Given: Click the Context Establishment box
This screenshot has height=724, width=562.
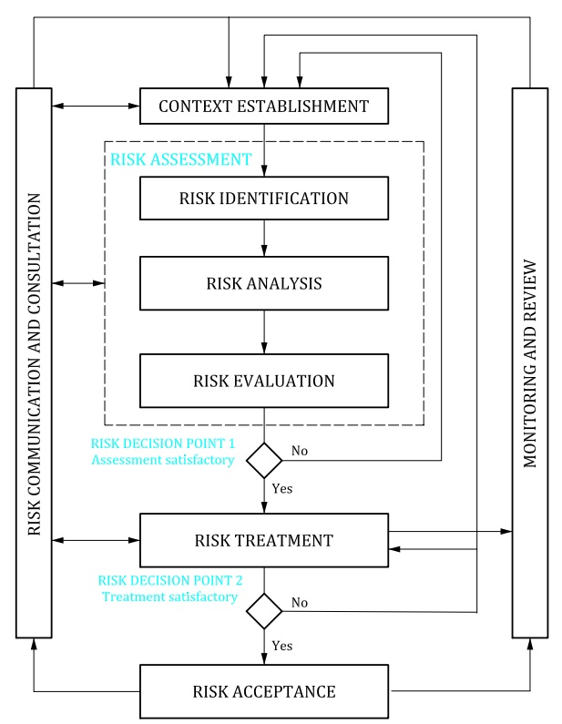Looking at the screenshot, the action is click(264, 107).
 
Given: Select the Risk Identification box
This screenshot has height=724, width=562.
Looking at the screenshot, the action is click(264, 199).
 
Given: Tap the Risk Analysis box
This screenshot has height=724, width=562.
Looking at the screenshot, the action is click(264, 283).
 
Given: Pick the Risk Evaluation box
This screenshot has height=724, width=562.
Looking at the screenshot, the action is click(264, 381).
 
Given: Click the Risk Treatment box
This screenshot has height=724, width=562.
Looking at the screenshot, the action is click(264, 540).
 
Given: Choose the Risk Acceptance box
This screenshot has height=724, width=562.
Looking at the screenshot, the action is click(264, 691).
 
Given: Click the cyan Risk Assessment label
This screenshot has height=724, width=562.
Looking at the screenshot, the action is click(181, 159).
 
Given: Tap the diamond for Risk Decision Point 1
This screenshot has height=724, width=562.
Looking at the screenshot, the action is click(264, 460).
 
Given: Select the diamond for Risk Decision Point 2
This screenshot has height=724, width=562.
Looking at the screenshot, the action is click(264, 611).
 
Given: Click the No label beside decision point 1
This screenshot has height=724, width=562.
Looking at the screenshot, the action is click(300, 451).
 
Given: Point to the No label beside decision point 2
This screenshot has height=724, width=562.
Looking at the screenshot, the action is click(300, 603).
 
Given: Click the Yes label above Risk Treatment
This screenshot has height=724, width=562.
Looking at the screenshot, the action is click(281, 488).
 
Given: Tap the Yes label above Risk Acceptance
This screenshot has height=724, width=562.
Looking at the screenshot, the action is click(281, 646).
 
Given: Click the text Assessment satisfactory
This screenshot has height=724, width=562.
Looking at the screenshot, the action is click(163, 460).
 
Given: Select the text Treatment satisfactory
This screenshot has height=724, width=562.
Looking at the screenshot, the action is click(170, 597).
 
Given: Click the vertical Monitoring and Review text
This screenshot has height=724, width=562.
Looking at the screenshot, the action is click(530, 363).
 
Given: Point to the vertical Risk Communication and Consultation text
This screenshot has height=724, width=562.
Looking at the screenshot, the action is click(35, 364).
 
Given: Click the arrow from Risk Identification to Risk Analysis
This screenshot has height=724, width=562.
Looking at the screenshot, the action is click(264, 239).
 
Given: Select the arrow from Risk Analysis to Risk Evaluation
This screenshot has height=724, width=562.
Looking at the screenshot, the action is click(264, 332).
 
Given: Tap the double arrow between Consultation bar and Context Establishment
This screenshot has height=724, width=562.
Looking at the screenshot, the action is click(96, 107).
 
